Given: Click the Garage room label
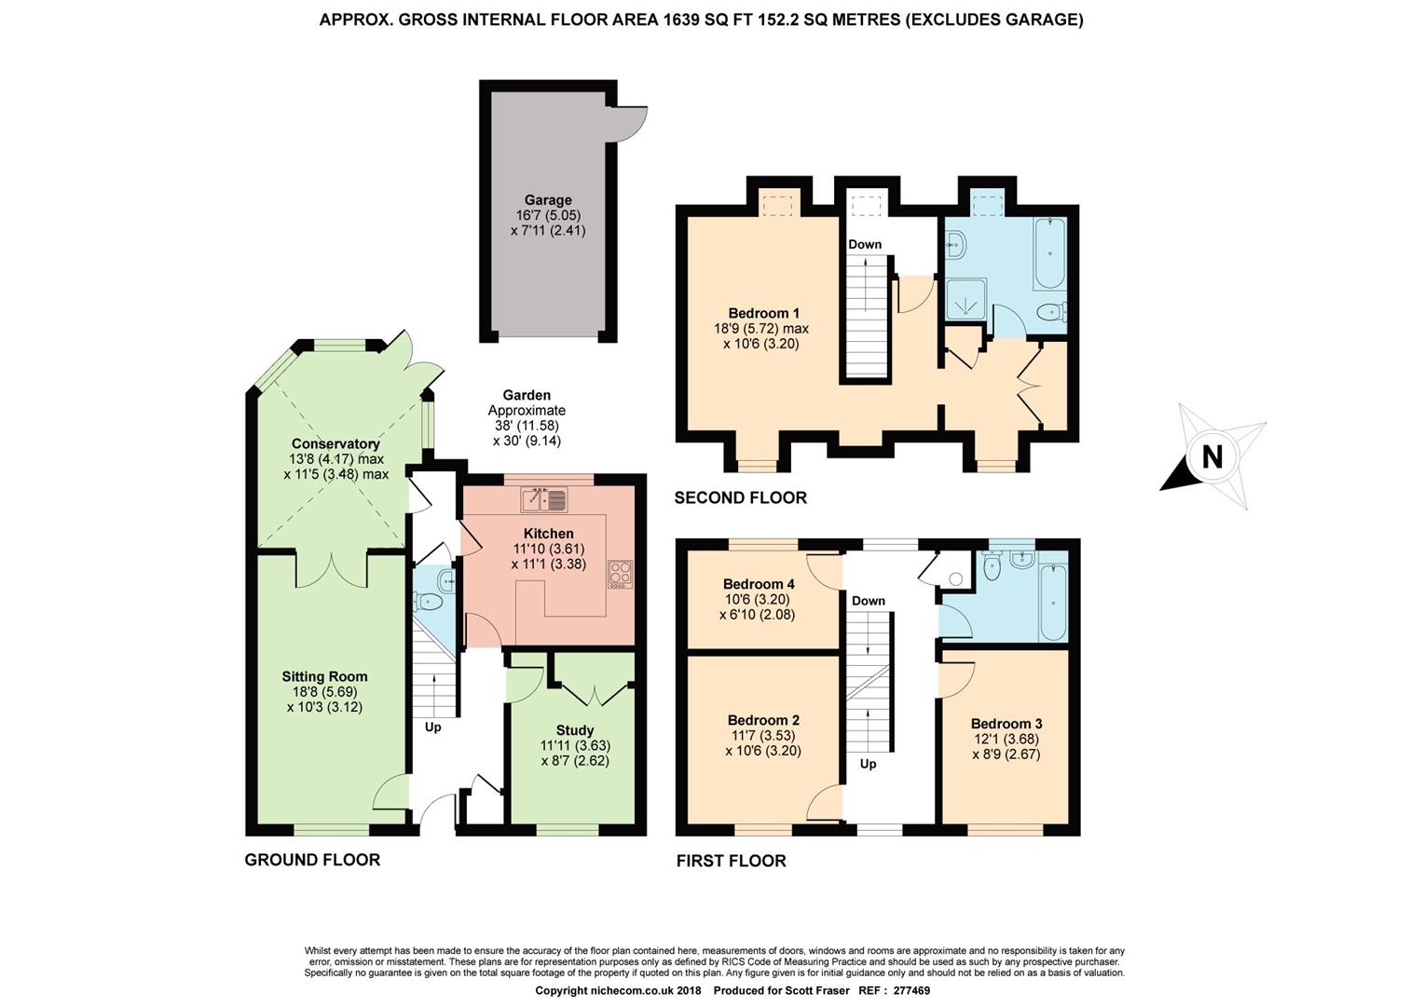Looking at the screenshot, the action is tap(548, 200).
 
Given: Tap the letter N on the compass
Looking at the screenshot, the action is tap(1212, 456).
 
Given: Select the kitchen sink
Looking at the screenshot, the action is tap(544, 499).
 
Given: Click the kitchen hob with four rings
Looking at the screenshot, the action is tap(621, 575).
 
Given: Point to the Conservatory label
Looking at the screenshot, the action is tap(335, 443).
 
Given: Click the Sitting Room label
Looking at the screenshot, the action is tap(324, 677).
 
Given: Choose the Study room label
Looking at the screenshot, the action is tap(575, 730).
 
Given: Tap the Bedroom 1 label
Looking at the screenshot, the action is tap(763, 313).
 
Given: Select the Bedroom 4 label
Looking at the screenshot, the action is tap(759, 584).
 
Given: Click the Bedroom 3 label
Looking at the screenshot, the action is tap(1006, 724).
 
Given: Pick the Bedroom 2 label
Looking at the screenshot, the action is tap(763, 720).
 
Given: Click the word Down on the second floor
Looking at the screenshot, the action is tap(865, 244).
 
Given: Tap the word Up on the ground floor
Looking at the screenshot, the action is tap(432, 727).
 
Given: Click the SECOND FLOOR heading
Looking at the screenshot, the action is tap(740, 497).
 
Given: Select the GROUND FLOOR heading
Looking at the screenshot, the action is tap(312, 860).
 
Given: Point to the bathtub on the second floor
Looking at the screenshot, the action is tap(1049, 253).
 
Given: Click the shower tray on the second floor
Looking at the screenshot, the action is tap(965, 300).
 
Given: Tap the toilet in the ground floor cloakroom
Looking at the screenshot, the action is tap(428, 602).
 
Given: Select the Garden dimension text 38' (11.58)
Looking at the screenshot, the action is tap(527, 426).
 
